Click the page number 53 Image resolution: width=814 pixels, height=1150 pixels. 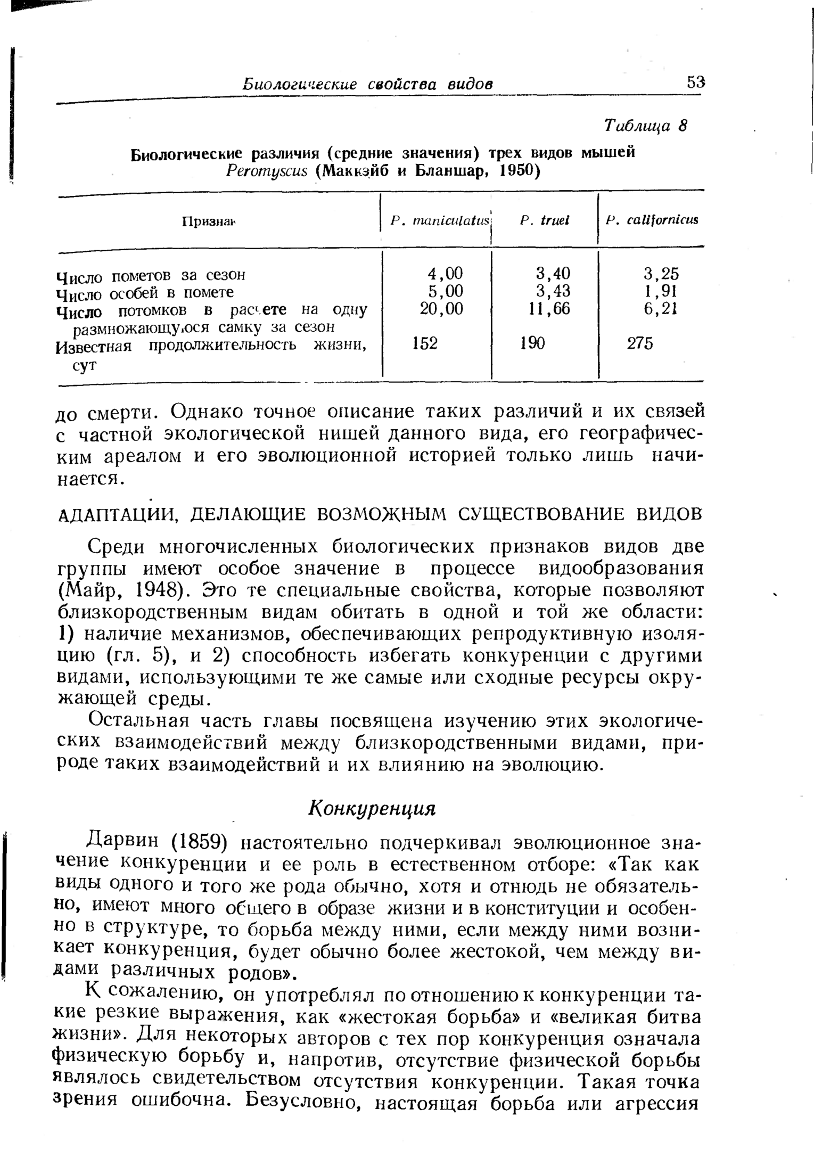[x=695, y=83]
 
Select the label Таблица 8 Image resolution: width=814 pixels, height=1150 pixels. [x=645, y=126]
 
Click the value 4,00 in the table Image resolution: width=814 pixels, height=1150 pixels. [x=446, y=274]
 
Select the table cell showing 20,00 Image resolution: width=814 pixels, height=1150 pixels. [x=441, y=309]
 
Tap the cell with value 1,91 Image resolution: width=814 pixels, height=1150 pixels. [x=661, y=291]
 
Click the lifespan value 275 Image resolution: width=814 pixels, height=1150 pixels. [x=639, y=344]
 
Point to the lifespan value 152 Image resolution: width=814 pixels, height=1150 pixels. [x=425, y=344]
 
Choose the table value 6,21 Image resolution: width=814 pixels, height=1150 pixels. [x=661, y=309]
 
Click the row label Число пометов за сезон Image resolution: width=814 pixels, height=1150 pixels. [x=151, y=275]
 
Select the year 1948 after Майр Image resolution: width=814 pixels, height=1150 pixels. [x=154, y=590]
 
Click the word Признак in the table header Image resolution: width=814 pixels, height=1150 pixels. [x=209, y=221]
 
